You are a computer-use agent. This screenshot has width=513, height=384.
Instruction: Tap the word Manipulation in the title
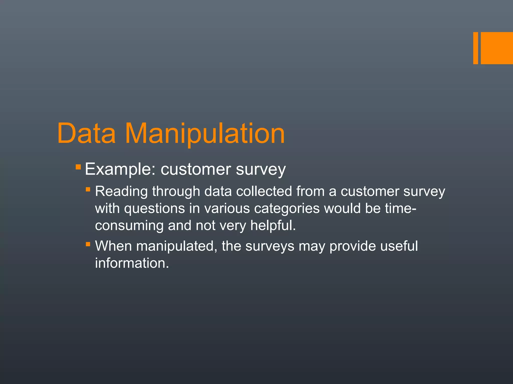pyautogui.click(x=205, y=134)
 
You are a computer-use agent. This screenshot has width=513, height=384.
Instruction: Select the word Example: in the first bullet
pyautogui.click(x=120, y=169)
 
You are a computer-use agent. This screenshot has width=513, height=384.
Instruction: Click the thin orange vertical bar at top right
pyautogui.click(x=475, y=48)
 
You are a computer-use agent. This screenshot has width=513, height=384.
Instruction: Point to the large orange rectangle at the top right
pyautogui.click(x=497, y=48)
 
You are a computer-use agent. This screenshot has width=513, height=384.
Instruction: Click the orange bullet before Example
pyautogui.click(x=78, y=167)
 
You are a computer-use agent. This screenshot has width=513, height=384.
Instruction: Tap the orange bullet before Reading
pyautogui.click(x=88, y=189)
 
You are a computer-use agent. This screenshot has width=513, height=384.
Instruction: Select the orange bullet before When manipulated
pyautogui.click(x=88, y=244)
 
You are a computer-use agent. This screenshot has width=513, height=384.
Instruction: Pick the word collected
pyautogui.click(x=264, y=191)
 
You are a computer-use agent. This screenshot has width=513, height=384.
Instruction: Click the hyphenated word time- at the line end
pyautogui.click(x=401, y=208)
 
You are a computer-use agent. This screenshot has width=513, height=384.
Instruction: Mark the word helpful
pyautogui.click(x=273, y=225)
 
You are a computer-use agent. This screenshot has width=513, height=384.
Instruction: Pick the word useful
pyautogui.click(x=399, y=246)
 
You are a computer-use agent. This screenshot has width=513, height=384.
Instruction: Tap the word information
pyautogui.click(x=132, y=263)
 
